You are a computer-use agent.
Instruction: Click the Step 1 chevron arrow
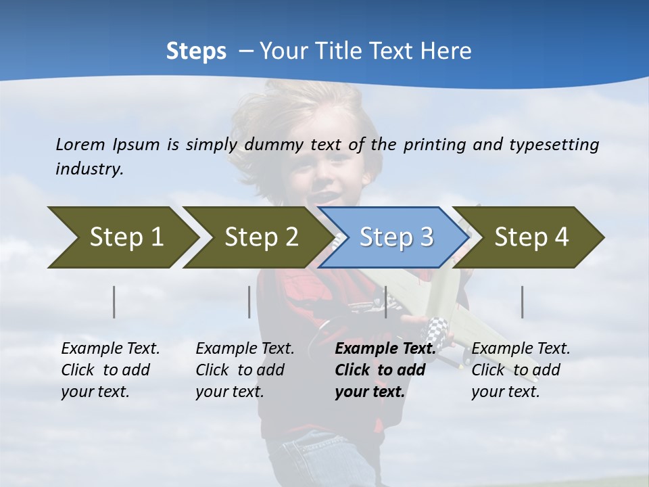click(x=122, y=237)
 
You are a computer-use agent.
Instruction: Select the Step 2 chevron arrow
click(x=257, y=237)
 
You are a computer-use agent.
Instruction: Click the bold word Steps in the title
click(x=196, y=51)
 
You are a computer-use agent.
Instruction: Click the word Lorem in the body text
click(x=80, y=144)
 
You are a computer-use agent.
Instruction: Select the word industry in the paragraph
click(x=89, y=168)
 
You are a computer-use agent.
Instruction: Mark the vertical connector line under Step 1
click(x=114, y=302)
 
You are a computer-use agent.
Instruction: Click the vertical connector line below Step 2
click(x=249, y=302)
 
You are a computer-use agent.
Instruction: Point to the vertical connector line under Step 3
click(x=385, y=302)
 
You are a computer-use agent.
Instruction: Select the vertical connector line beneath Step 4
click(x=522, y=302)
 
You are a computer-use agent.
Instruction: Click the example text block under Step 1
click(x=110, y=370)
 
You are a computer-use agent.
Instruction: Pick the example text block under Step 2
click(x=245, y=370)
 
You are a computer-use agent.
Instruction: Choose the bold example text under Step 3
click(x=385, y=370)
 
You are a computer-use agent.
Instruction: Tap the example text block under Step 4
click(x=521, y=370)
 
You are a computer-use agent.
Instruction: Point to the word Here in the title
click(x=446, y=51)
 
